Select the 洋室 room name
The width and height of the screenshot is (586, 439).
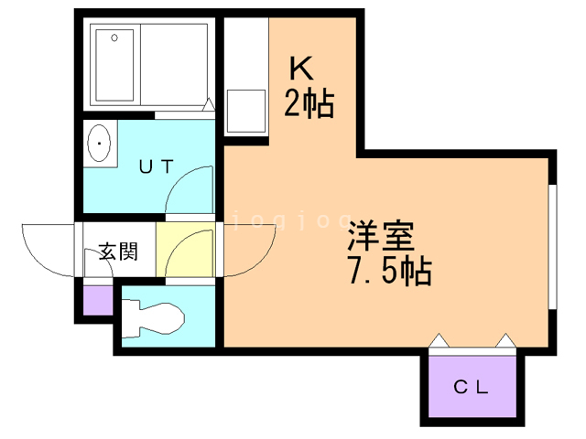click(x=379, y=239)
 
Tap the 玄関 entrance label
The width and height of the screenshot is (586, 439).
click(x=118, y=251)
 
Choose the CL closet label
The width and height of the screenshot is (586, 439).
click(x=472, y=385)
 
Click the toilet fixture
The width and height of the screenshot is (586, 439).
click(x=154, y=317)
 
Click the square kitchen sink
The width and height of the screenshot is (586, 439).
click(x=246, y=110)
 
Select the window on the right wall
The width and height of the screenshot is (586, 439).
click(x=552, y=247)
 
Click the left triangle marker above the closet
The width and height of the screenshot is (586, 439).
click(x=439, y=342)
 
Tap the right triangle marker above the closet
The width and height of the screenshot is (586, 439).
click(x=505, y=342)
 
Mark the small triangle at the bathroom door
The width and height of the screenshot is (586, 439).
click(x=210, y=106)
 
